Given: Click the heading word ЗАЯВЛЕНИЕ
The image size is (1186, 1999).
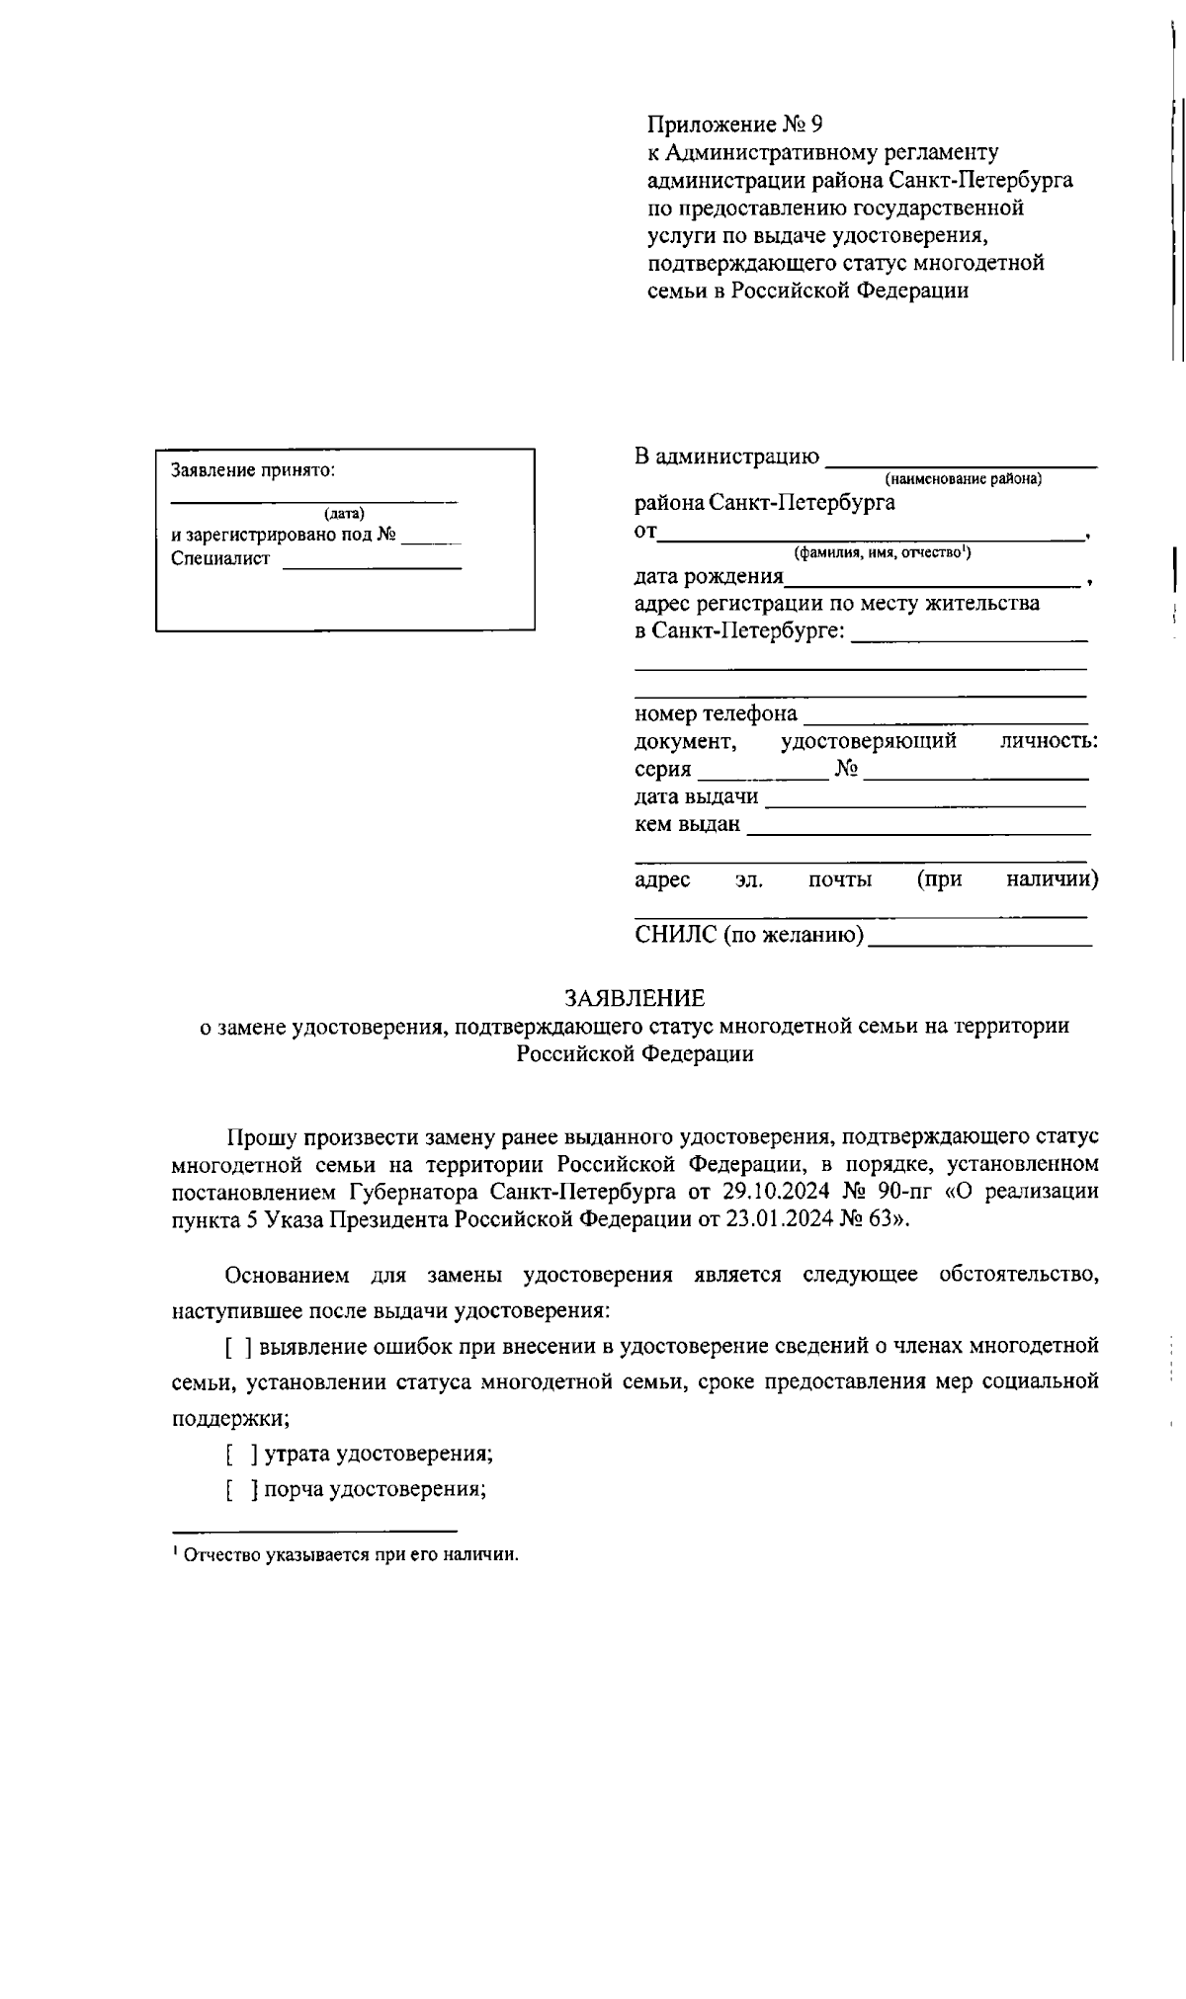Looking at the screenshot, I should click(635, 998).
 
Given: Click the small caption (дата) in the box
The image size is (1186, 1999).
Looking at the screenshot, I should click(344, 513).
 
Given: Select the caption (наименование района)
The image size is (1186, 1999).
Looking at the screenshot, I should click(964, 479).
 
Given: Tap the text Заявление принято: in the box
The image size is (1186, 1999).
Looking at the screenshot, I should click(253, 470).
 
